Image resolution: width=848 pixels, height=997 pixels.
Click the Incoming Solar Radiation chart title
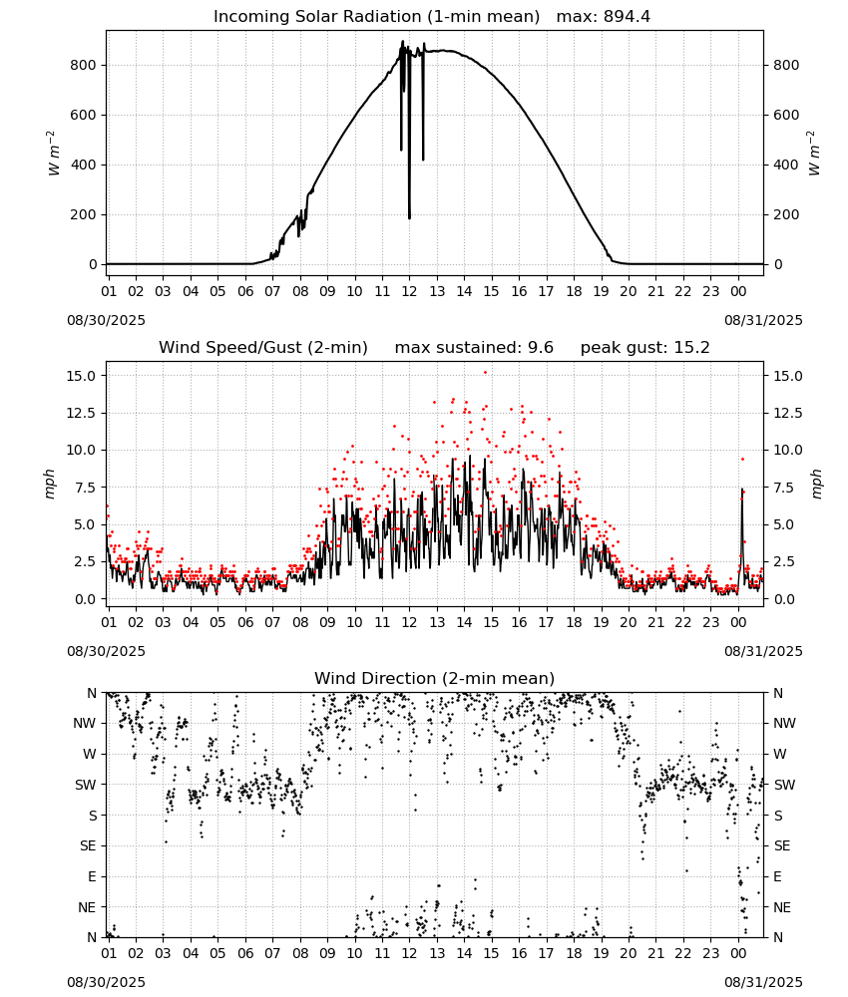(376, 16)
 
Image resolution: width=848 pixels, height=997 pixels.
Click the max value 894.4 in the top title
(627, 16)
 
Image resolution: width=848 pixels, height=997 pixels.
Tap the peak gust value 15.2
(690, 347)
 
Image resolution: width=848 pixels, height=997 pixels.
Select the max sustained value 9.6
(540, 347)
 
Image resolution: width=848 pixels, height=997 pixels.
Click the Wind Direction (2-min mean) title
(435, 678)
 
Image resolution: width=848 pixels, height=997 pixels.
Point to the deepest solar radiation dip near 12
(409, 218)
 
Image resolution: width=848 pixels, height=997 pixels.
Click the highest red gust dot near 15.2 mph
(485, 373)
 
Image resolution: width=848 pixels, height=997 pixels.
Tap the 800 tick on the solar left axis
(84, 65)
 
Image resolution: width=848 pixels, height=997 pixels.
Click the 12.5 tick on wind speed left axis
(81, 413)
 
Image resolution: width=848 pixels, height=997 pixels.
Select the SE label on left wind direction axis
(88, 845)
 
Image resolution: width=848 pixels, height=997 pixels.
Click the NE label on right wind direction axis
(782, 907)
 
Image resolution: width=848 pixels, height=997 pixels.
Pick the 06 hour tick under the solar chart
(245, 291)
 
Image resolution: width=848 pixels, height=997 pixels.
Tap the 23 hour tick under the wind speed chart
(710, 622)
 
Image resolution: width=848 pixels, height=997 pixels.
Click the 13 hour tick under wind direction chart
(437, 954)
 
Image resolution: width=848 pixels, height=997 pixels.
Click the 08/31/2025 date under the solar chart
(763, 320)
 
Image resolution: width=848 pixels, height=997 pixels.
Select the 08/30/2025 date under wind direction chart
(106, 982)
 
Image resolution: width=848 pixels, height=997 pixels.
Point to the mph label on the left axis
(50, 484)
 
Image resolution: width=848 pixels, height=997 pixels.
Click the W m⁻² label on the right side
(814, 154)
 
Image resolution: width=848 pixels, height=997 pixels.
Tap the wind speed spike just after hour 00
(742, 489)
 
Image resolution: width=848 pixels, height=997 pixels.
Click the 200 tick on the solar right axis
(786, 214)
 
